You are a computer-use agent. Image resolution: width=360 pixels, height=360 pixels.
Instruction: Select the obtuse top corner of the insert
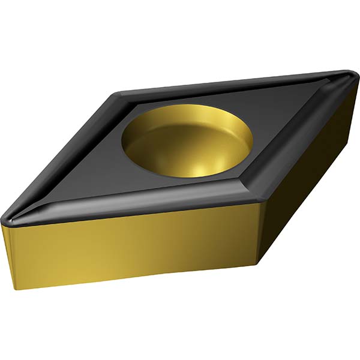[x=120, y=94]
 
